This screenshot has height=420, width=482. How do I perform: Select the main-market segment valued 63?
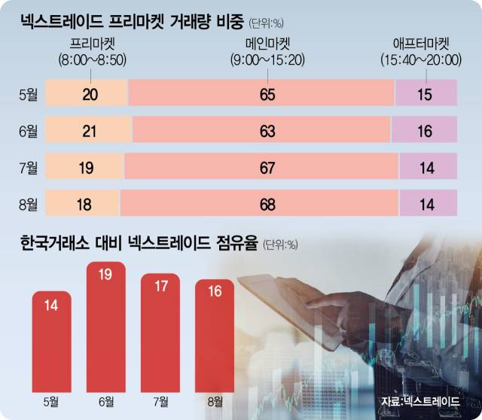point(264,131)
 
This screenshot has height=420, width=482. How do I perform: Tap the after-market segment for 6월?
point(426,131)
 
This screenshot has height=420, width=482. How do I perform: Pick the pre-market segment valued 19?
point(84,167)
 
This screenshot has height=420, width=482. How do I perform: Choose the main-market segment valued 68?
point(259,203)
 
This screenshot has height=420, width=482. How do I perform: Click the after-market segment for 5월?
point(426,94)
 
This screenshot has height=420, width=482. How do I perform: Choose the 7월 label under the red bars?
point(160,398)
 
